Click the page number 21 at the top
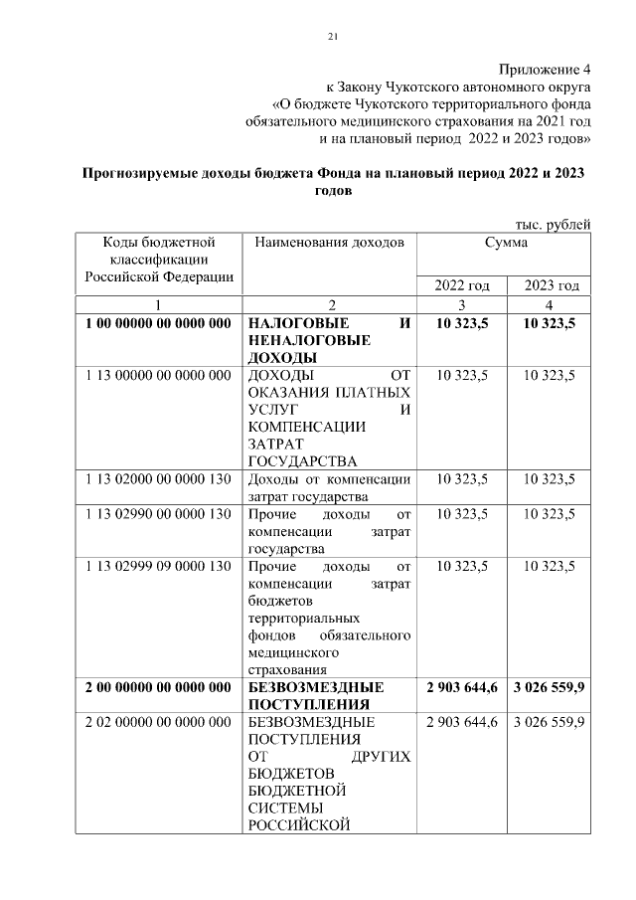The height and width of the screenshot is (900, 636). coord(333,38)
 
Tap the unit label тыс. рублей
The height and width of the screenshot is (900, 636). coord(553,224)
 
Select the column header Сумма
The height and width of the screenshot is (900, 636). coord(506,242)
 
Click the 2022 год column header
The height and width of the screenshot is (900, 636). coord(462,286)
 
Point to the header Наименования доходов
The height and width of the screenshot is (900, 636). coord(329,242)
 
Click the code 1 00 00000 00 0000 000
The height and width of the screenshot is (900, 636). coord(158,323)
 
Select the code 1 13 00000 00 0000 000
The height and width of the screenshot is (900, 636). coord(158,375)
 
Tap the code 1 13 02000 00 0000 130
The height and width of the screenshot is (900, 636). coord(158,478)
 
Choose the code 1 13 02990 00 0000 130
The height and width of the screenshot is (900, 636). coord(158,514)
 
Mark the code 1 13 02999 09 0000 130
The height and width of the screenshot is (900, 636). coord(158,566)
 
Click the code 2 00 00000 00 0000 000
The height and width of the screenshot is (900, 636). coord(158,687)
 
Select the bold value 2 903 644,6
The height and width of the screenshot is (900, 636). coord(462,687)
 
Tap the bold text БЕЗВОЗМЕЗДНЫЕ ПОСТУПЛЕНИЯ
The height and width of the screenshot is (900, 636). coord(315,695)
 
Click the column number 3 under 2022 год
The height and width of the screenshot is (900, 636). coord(462,304)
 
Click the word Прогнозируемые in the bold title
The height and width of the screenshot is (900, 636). coord(142,173)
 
